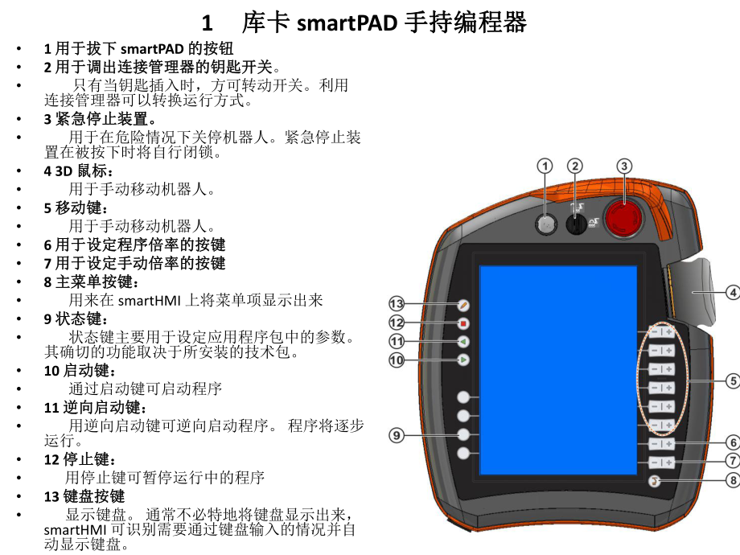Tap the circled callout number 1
545,166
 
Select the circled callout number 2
575,166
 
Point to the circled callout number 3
623,166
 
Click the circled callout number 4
732,293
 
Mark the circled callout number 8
732,480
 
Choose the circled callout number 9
396,435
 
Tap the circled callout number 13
396,304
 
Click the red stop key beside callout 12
463,323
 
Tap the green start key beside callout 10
463,360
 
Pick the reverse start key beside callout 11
463,342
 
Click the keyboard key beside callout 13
463,305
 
